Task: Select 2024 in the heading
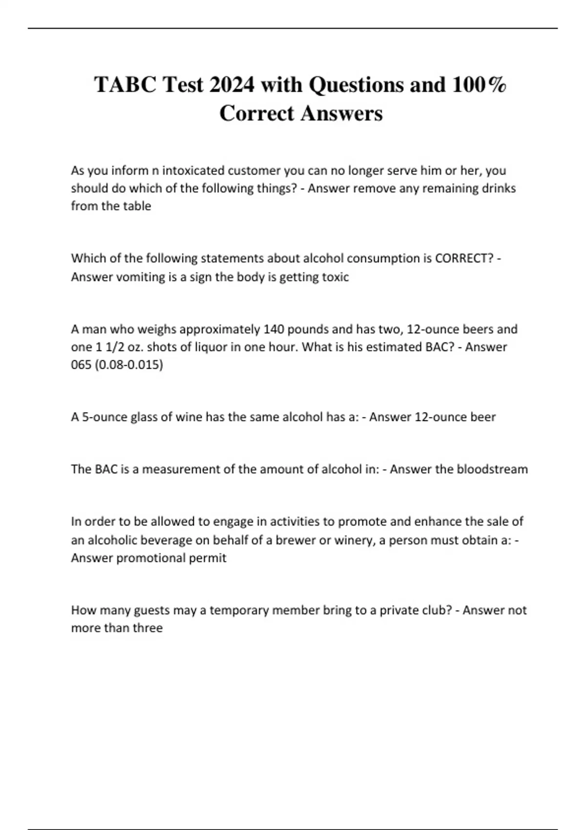point(231,85)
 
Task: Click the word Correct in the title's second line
point(256,113)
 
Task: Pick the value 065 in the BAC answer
point(81,365)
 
